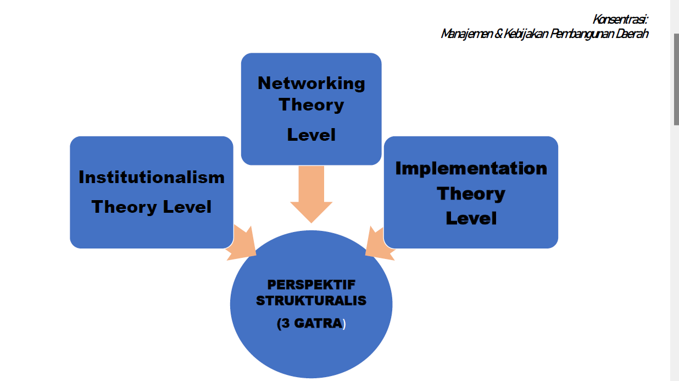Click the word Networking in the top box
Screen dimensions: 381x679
point(311,83)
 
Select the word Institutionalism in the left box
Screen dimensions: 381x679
point(152,178)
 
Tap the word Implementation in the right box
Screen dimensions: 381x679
point(471,168)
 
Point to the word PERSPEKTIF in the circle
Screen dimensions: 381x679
point(311,285)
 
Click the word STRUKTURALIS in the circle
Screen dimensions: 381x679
point(311,301)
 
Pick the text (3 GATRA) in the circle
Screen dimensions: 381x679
point(311,324)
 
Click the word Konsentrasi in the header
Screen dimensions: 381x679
point(620,19)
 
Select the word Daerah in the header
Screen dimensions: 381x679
point(633,34)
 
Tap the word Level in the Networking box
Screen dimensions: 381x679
point(311,135)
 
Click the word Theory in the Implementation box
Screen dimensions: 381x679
point(471,194)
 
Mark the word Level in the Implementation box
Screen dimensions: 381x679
point(471,218)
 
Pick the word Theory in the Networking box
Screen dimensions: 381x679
point(311,104)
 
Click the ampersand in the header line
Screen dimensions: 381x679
point(499,34)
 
